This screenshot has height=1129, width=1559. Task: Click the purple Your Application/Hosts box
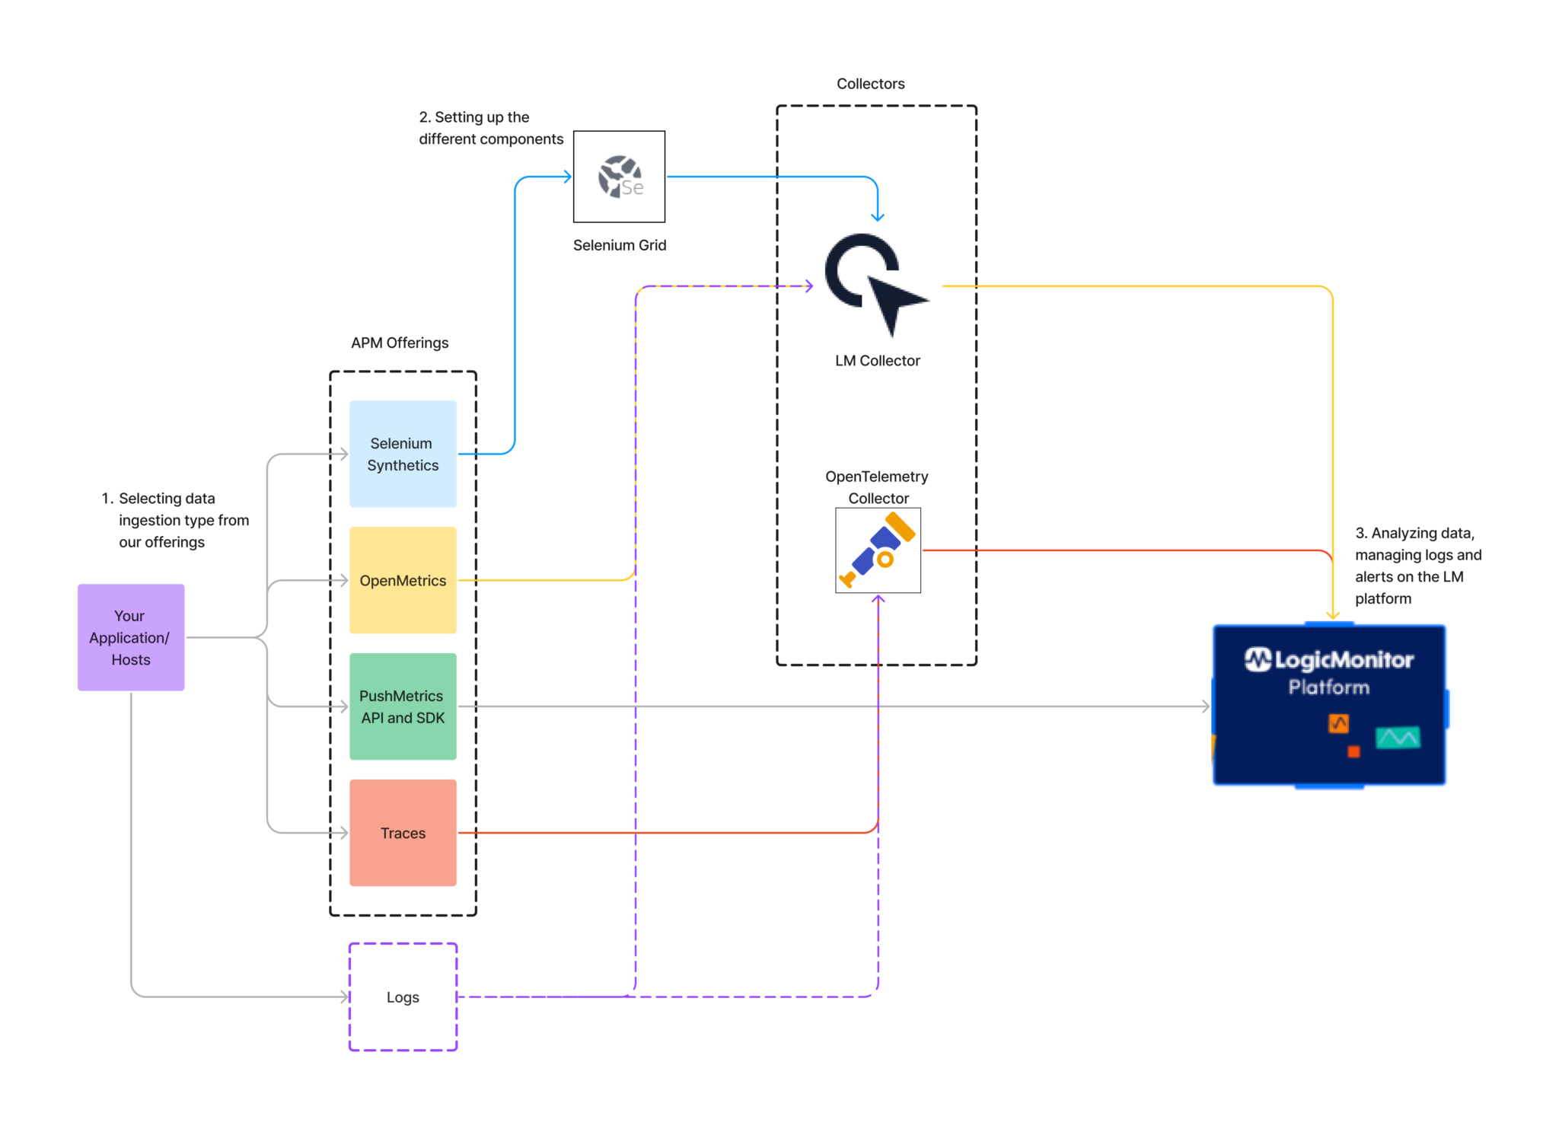(x=131, y=637)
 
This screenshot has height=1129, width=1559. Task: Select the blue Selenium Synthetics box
(x=403, y=454)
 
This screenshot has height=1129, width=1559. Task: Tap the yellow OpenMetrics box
(x=403, y=580)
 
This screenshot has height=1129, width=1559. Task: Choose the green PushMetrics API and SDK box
(x=403, y=706)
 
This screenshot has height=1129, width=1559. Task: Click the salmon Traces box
(x=403, y=833)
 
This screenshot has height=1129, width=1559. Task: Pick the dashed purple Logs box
(x=403, y=997)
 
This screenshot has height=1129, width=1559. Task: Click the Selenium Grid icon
(x=619, y=177)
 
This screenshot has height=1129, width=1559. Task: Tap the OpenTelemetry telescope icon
(x=878, y=550)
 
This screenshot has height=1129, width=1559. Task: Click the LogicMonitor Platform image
(x=1328, y=705)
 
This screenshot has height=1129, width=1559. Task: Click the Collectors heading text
(x=870, y=84)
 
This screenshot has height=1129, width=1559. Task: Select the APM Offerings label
(x=400, y=343)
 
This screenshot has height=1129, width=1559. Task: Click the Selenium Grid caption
(x=619, y=245)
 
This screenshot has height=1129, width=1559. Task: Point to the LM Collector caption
(x=877, y=361)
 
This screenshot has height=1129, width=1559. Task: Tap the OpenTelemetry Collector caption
(x=877, y=487)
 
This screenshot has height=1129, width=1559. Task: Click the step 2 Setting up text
(x=490, y=128)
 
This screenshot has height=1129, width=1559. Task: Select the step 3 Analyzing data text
(x=1417, y=566)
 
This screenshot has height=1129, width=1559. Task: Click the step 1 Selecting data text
(x=175, y=520)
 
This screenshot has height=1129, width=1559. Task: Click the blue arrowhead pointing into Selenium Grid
(x=567, y=177)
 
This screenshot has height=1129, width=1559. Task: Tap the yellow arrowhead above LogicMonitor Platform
(x=1333, y=614)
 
